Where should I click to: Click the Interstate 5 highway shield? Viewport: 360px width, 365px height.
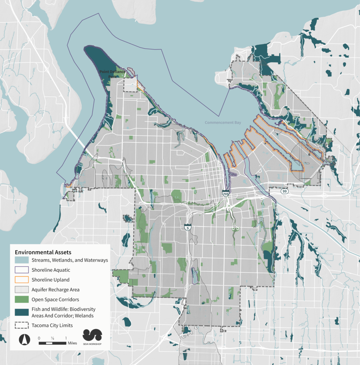point(187,227)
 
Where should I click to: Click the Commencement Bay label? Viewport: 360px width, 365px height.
point(223,123)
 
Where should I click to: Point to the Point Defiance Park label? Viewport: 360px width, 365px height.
point(112,74)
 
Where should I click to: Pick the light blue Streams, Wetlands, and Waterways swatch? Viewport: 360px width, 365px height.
point(21,260)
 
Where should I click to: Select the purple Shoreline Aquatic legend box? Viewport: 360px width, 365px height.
point(21,270)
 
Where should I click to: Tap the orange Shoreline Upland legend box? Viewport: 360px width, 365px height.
point(21,280)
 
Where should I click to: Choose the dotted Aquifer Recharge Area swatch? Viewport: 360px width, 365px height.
point(21,289)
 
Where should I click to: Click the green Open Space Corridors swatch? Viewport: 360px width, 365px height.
point(21,299)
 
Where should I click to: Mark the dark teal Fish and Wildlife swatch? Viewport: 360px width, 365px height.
point(21,312)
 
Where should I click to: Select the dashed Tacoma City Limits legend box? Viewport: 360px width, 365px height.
point(21,325)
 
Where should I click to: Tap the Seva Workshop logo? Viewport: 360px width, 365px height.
point(92,337)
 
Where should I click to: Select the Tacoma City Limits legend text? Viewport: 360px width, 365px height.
point(52,325)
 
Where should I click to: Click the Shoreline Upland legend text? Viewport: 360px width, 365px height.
point(50,280)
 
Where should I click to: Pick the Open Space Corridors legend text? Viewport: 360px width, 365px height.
point(55,299)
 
